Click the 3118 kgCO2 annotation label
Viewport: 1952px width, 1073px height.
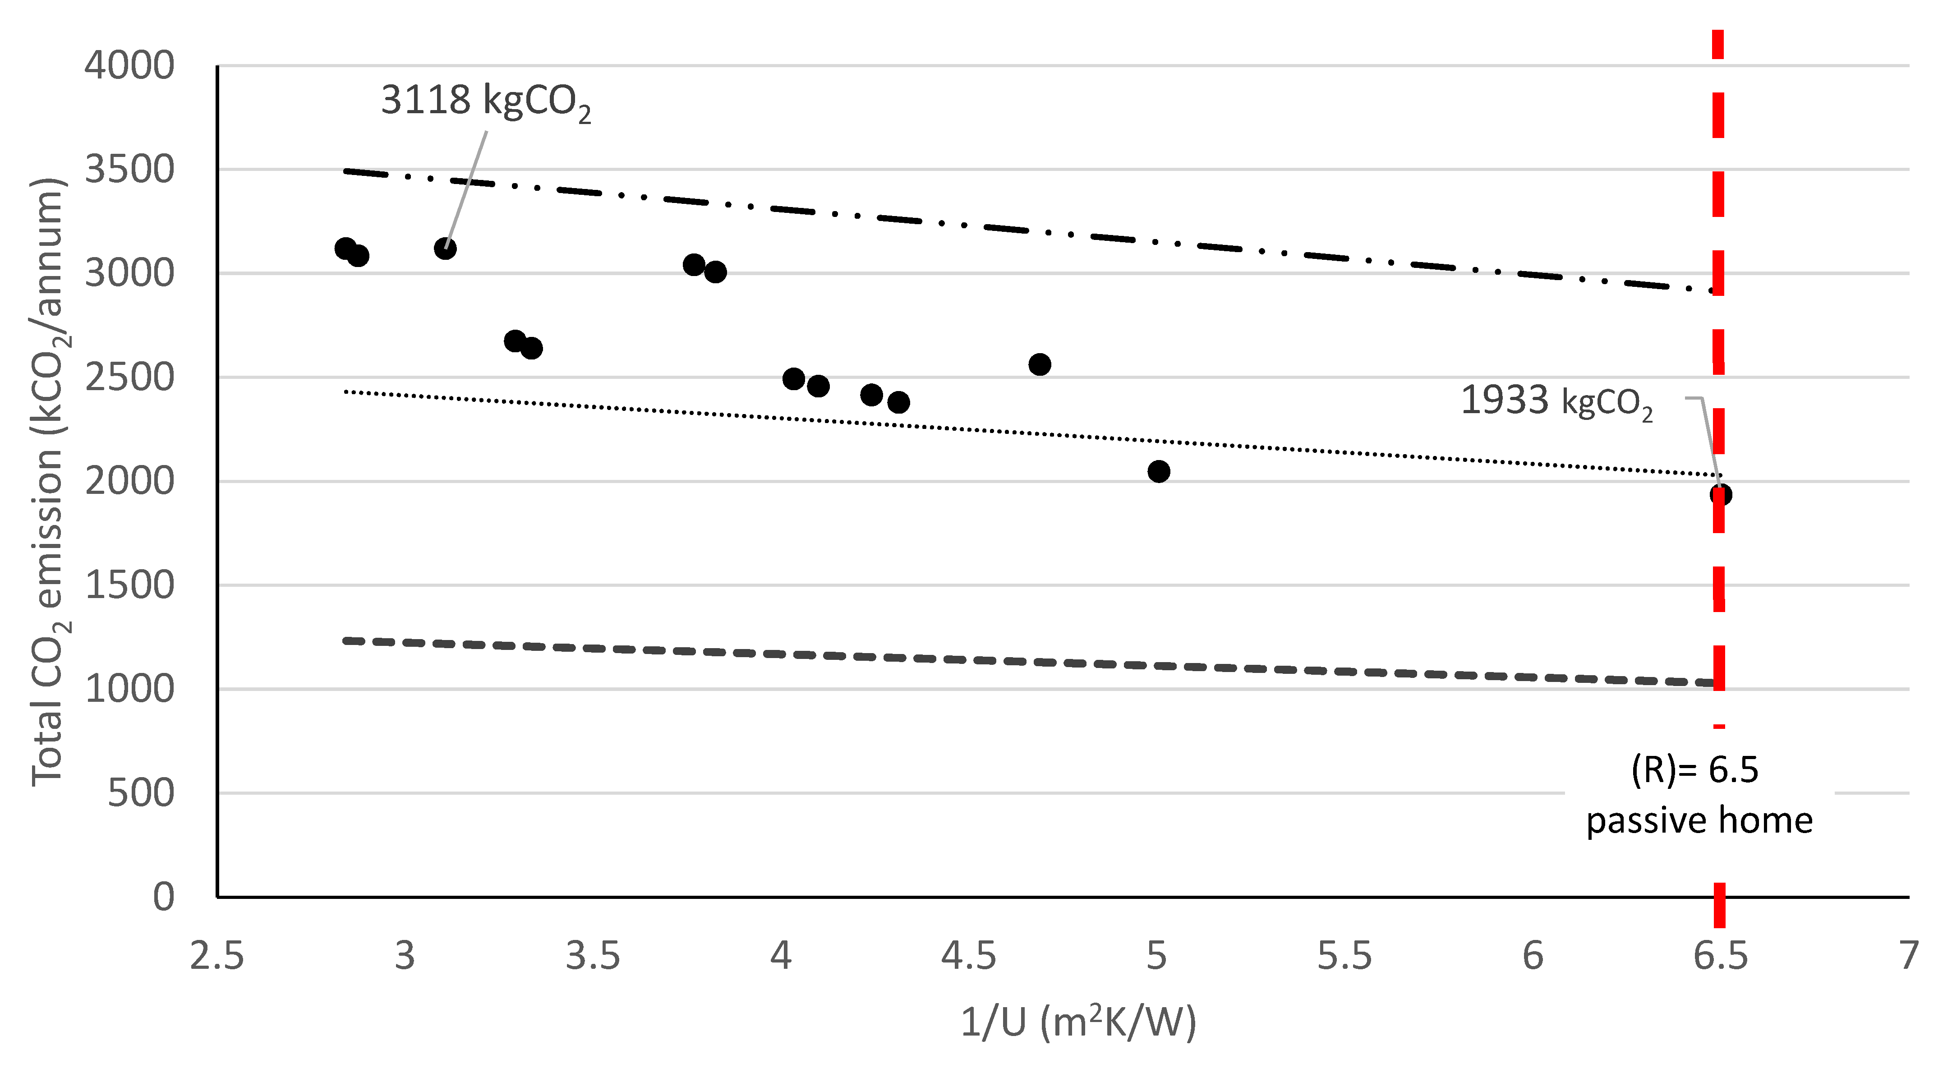point(485,101)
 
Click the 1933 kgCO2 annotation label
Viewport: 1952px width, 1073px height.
point(1556,401)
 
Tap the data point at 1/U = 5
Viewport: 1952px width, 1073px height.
point(1159,471)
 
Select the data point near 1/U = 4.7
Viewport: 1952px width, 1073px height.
point(1040,364)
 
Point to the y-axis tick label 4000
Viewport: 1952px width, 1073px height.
point(129,66)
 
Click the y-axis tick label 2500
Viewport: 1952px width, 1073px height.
point(129,378)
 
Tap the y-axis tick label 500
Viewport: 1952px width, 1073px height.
point(141,793)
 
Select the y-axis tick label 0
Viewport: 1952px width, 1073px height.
point(164,897)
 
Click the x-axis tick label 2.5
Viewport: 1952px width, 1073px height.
point(217,956)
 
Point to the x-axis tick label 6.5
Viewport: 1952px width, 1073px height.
point(1720,956)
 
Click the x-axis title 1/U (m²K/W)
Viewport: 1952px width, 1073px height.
point(1078,1022)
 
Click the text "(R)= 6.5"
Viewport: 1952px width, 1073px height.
point(1695,770)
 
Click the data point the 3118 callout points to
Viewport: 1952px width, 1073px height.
point(445,249)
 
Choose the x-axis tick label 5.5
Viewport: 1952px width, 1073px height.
point(1344,956)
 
